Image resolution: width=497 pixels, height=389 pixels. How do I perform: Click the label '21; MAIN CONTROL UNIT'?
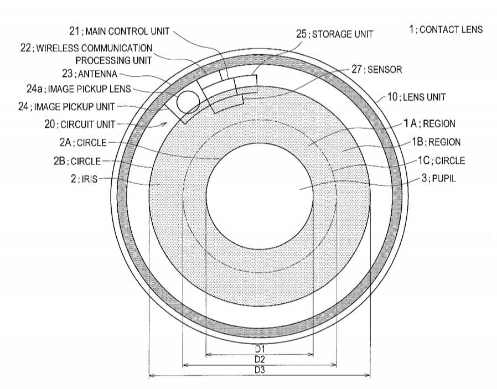(120, 31)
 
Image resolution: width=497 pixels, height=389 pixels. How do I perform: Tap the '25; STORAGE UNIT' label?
(335, 34)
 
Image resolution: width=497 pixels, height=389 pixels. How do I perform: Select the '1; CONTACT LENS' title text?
(446, 29)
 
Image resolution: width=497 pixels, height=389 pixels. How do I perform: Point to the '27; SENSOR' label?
(376, 69)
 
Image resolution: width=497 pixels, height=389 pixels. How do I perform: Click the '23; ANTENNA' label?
(90, 74)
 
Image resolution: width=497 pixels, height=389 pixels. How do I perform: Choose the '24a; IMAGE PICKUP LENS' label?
(79, 89)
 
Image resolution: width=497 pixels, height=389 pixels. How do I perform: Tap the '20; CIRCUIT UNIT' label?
(80, 124)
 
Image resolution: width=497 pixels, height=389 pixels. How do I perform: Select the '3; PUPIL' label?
(439, 178)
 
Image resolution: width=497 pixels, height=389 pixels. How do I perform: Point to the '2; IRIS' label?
(84, 179)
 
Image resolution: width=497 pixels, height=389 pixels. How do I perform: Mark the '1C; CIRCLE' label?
(441, 160)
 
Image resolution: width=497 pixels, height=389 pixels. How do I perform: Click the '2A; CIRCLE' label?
(83, 143)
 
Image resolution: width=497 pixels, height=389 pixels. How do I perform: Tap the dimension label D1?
(260, 349)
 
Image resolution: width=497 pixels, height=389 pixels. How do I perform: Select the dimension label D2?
(260, 359)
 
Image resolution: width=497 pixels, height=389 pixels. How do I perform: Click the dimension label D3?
(260, 370)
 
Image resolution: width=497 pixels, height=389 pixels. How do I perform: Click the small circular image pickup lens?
(188, 102)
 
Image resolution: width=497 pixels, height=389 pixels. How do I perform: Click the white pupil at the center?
(260, 196)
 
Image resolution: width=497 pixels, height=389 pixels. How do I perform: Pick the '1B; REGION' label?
(436, 142)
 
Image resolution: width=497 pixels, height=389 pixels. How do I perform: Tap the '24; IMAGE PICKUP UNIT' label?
(66, 107)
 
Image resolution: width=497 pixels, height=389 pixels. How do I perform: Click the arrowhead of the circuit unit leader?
(167, 123)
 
